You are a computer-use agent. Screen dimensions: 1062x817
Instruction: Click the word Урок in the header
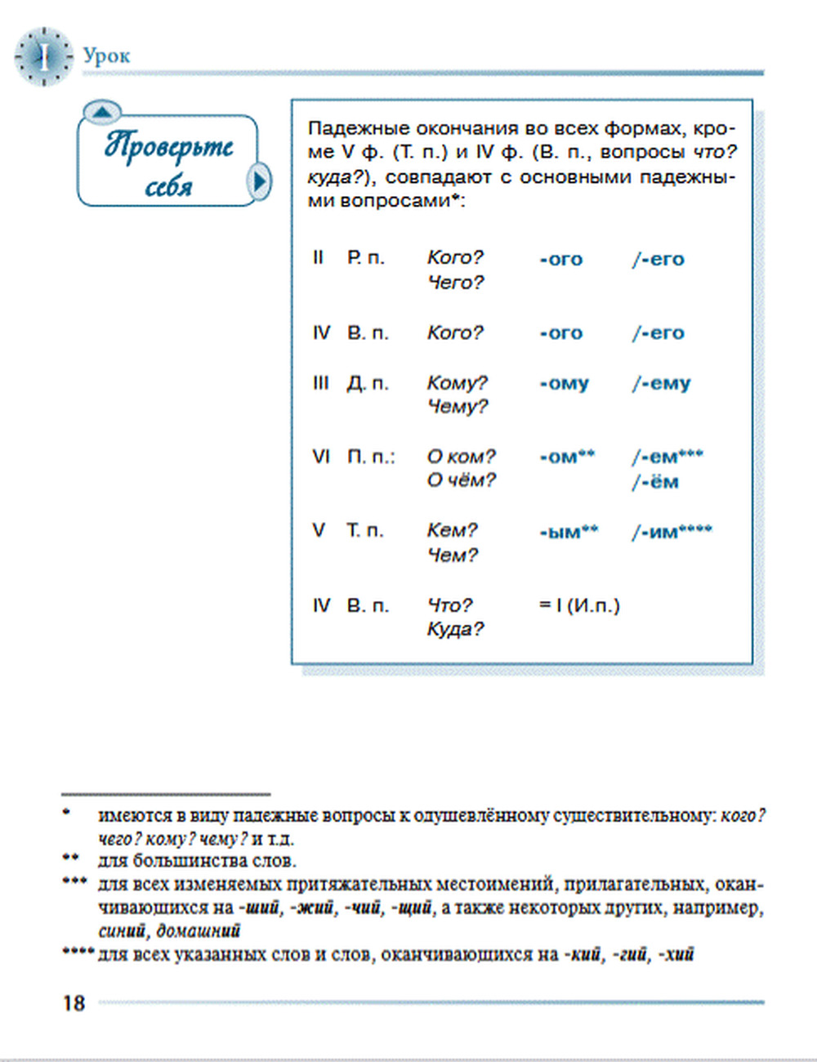point(106,56)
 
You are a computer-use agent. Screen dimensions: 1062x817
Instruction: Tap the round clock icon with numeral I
point(43,56)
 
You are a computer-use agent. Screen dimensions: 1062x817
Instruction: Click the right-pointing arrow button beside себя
point(259,181)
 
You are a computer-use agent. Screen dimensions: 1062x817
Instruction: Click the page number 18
point(74,1003)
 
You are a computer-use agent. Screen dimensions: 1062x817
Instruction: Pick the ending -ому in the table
point(564,383)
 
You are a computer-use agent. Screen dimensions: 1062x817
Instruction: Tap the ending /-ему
point(661,383)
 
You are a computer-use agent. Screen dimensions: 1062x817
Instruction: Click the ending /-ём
point(655,482)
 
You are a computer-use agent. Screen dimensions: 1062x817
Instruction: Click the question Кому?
point(457,382)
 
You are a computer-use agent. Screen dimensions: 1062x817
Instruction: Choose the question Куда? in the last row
point(455,629)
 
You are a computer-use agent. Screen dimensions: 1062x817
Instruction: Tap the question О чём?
point(461,480)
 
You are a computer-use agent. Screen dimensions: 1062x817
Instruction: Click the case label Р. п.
point(365,258)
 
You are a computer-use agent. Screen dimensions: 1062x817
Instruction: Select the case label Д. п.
point(368,382)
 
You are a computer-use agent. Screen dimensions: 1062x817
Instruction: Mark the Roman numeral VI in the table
point(321,457)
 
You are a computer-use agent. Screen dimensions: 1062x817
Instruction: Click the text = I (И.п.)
point(579,605)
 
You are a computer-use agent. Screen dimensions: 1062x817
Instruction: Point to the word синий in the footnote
point(122,930)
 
